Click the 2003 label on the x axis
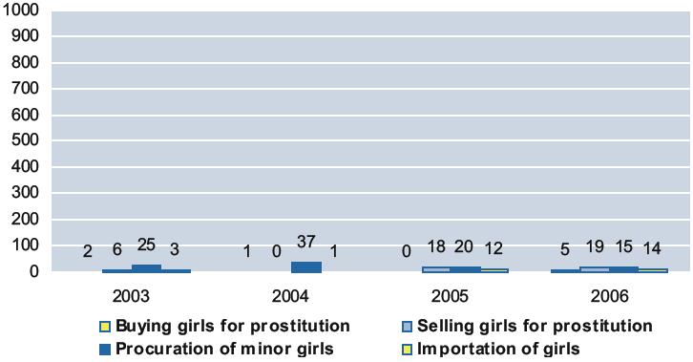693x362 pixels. click(x=131, y=296)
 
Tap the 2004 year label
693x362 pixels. click(x=290, y=296)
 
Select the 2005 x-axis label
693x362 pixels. click(x=450, y=296)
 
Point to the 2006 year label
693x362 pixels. click(x=609, y=296)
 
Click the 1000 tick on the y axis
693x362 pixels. click(x=21, y=11)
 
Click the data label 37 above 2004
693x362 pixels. click(x=305, y=242)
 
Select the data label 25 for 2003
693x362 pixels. click(x=146, y=245)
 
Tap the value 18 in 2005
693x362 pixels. click(x=436, y=246)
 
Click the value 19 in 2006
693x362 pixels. click(x=595, y=246)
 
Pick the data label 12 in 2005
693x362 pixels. click(x=493, y=248)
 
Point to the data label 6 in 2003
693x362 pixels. click(x=116, y=249)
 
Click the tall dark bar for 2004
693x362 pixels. click(x=306, y=267)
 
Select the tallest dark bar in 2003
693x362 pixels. click(x=146, y=268)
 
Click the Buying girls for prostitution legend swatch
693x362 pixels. click(x=105, y=327)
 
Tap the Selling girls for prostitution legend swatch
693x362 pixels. click(x=407, y=327)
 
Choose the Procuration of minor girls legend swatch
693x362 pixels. click(x=105, y=350)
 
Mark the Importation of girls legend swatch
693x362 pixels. click(x=407, y=350)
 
